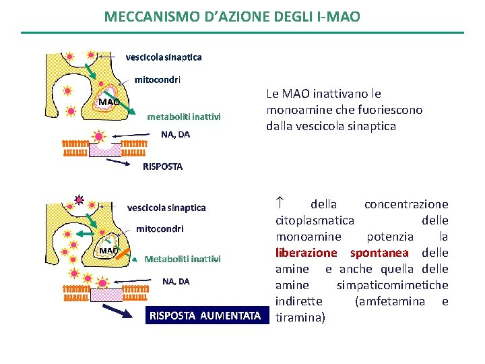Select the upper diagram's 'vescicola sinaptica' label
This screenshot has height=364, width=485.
tap(164, 57)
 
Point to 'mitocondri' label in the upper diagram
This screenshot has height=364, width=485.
tap(158, 80)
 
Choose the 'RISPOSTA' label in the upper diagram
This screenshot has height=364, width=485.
tap(162, 166)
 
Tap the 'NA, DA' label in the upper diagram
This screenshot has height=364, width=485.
tap(175, 134)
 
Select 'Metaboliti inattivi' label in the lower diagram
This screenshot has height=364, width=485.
tap(183, 259)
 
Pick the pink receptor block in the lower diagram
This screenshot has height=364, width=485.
tap(105, 295)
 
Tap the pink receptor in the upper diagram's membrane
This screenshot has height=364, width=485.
tap(105, 149)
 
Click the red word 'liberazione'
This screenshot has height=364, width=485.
tap(306, 253)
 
